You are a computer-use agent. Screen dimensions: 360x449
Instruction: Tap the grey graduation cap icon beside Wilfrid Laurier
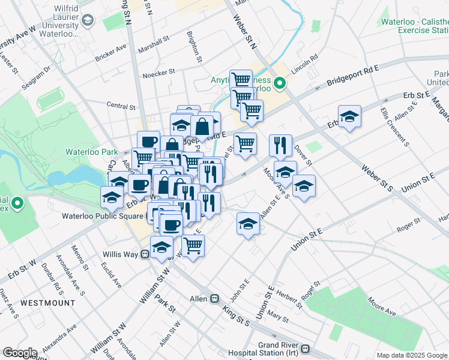coord(88,21)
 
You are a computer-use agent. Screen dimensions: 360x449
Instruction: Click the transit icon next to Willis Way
coord(145,254)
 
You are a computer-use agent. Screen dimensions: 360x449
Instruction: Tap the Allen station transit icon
coord(214,299)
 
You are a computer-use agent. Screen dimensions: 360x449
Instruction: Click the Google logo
coord(19,353)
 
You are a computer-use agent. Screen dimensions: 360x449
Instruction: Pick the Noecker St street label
coord(158,73)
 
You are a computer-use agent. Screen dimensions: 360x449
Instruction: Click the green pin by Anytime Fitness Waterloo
coord(279,83)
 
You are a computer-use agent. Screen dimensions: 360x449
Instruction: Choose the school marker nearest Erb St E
coord(349,117)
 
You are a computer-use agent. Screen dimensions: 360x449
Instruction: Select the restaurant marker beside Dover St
coord(280,146)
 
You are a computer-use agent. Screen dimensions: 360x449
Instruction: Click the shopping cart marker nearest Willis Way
coord(193,245)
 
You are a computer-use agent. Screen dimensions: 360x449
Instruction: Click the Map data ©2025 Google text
coord(411,355)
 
